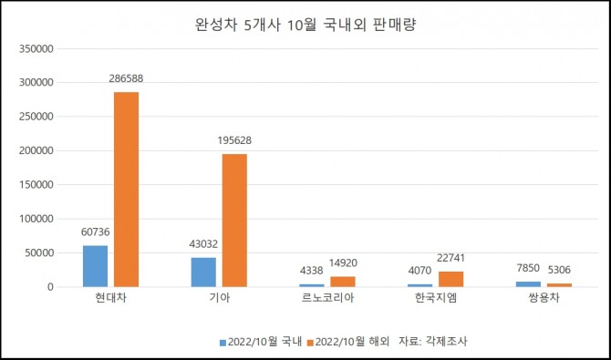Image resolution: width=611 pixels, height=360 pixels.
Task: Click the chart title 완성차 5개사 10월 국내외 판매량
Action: [305, 26]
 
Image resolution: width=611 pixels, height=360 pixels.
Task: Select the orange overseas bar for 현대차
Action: [126, 190]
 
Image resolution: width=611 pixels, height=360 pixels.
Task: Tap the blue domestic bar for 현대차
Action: [96, 266]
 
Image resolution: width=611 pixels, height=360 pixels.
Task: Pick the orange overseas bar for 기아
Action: [234, 221]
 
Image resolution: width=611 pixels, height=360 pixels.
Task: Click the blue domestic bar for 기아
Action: [203, 273]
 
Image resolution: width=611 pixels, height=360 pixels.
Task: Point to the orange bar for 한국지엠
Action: [451, 280]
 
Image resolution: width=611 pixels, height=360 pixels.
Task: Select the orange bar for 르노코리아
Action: [343, 283]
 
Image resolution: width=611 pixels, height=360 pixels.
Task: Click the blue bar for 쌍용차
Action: [528, 284]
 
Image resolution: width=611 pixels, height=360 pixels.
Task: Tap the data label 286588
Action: [126, 78]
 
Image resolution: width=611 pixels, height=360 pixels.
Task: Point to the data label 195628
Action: [234, 140]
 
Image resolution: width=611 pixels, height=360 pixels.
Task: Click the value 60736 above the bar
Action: [96, 232]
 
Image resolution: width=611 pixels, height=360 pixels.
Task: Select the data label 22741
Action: [451, 258]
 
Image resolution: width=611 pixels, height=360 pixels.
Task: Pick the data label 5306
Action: [559, 269]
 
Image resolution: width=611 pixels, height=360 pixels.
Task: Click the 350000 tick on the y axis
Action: [36, 49]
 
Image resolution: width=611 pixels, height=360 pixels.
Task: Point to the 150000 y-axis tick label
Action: [36, 185]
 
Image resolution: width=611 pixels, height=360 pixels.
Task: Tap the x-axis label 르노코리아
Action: [327, 299]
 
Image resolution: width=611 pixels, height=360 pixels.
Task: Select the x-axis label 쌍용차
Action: [544, 299]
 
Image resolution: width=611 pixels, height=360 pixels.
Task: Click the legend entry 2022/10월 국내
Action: [261, 342]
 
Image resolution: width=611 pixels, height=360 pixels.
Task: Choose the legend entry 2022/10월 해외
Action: [348, 342]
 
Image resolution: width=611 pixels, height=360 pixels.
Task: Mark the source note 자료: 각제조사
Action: [433, 342]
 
